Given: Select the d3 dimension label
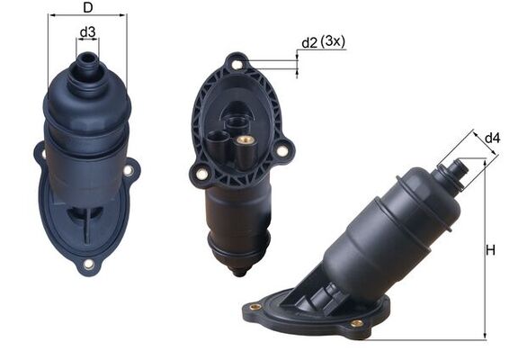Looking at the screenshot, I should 87,33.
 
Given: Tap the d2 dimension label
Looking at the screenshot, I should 309,42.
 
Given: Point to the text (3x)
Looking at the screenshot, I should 335,42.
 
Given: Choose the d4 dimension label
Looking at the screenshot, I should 492,138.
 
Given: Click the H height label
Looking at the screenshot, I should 491,250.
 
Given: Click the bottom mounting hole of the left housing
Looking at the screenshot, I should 88,264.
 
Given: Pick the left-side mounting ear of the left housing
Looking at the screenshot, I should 40,154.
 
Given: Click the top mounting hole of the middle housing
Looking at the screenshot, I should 237,64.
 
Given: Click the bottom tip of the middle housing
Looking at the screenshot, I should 239,270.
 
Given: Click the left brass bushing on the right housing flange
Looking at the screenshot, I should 255,307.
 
